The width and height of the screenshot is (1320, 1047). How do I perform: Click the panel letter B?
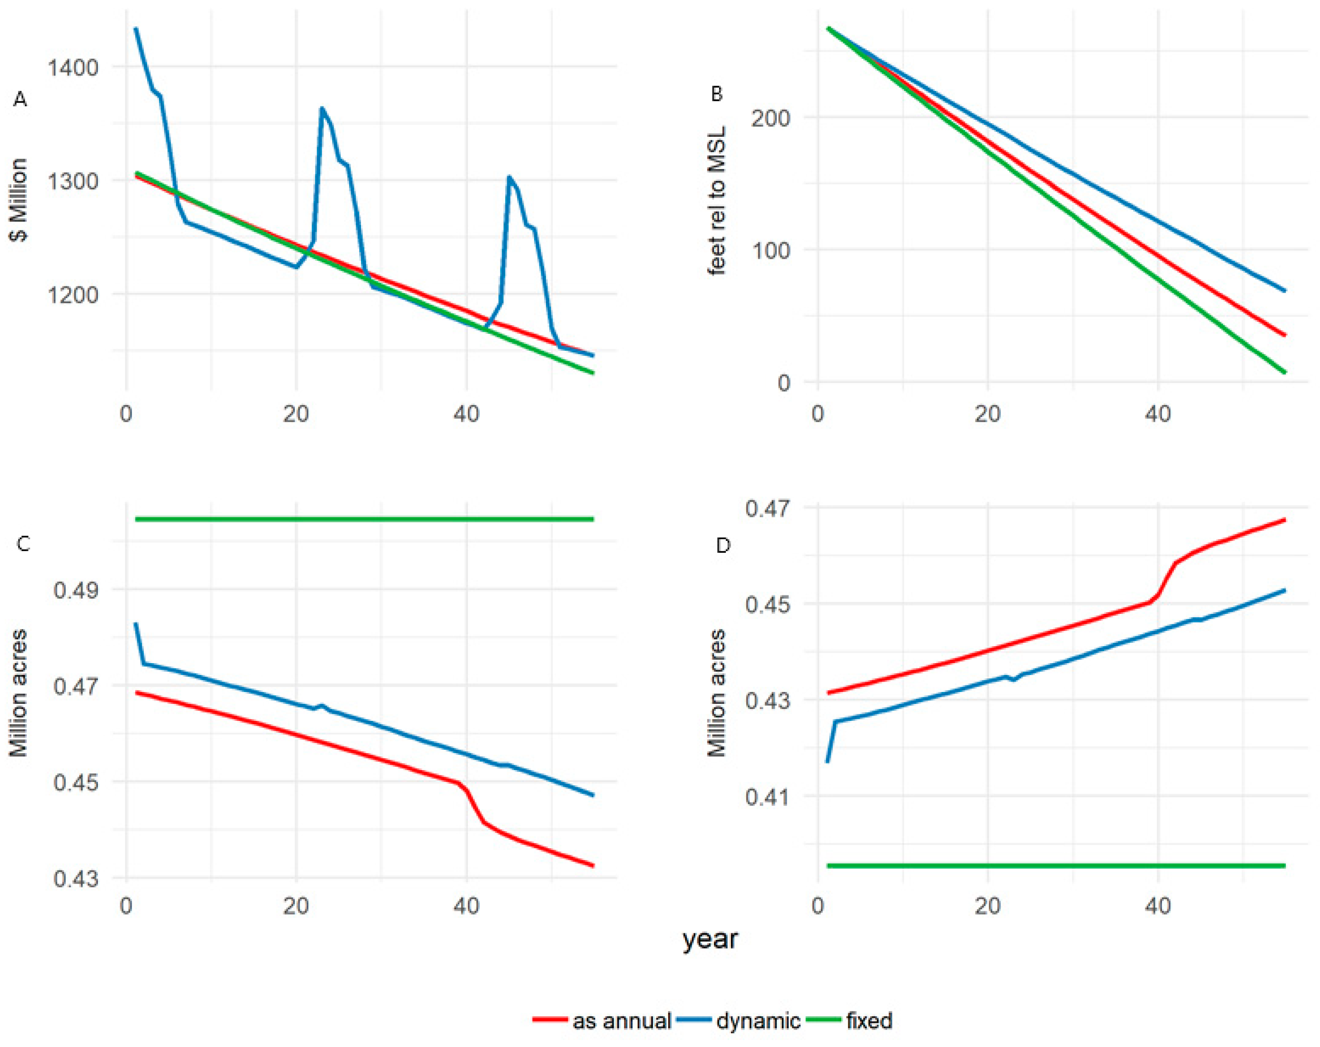point(716,94)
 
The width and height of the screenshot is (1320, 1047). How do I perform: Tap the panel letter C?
point(23,543)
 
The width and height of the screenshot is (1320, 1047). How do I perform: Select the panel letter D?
point(723,545)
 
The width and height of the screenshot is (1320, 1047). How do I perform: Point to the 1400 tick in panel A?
point(73,67)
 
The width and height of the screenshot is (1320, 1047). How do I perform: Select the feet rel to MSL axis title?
point(716,201)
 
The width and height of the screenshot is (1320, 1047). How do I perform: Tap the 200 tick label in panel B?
point(771,118)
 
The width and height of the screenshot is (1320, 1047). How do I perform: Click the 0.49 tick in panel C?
point(75,590)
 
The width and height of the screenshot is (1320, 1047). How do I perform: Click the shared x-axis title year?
point(710,939)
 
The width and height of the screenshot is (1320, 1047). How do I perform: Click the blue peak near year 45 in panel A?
point(509,177)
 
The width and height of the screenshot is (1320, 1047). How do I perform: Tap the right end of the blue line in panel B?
point(1285,291)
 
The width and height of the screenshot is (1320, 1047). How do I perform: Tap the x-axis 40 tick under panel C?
point(466,905)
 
